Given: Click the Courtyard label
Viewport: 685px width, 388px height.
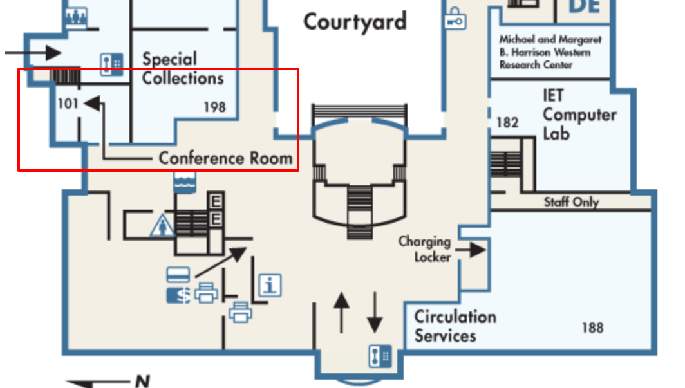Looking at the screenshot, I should [355, 22].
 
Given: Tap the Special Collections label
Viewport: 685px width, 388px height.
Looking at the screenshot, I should [183, 69].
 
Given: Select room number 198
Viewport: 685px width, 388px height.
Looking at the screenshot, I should [214, 107].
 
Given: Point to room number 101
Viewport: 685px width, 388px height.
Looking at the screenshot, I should [68, 103].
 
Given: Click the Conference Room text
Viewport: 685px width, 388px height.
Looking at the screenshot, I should [225, 158].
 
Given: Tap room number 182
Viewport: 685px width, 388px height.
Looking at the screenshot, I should [507, 122].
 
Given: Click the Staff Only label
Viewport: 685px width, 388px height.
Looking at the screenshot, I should [571, 202].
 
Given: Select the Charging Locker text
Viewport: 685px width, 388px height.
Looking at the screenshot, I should [424, 249].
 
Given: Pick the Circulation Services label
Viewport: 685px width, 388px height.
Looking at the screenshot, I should [455, 326].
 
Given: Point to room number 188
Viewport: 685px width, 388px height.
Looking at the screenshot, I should [592, 328].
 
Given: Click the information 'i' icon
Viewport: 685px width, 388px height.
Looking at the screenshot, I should [270, 284].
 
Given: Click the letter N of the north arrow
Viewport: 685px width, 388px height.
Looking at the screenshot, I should [142, 382].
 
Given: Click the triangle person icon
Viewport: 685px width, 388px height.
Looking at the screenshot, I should [162, 226].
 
